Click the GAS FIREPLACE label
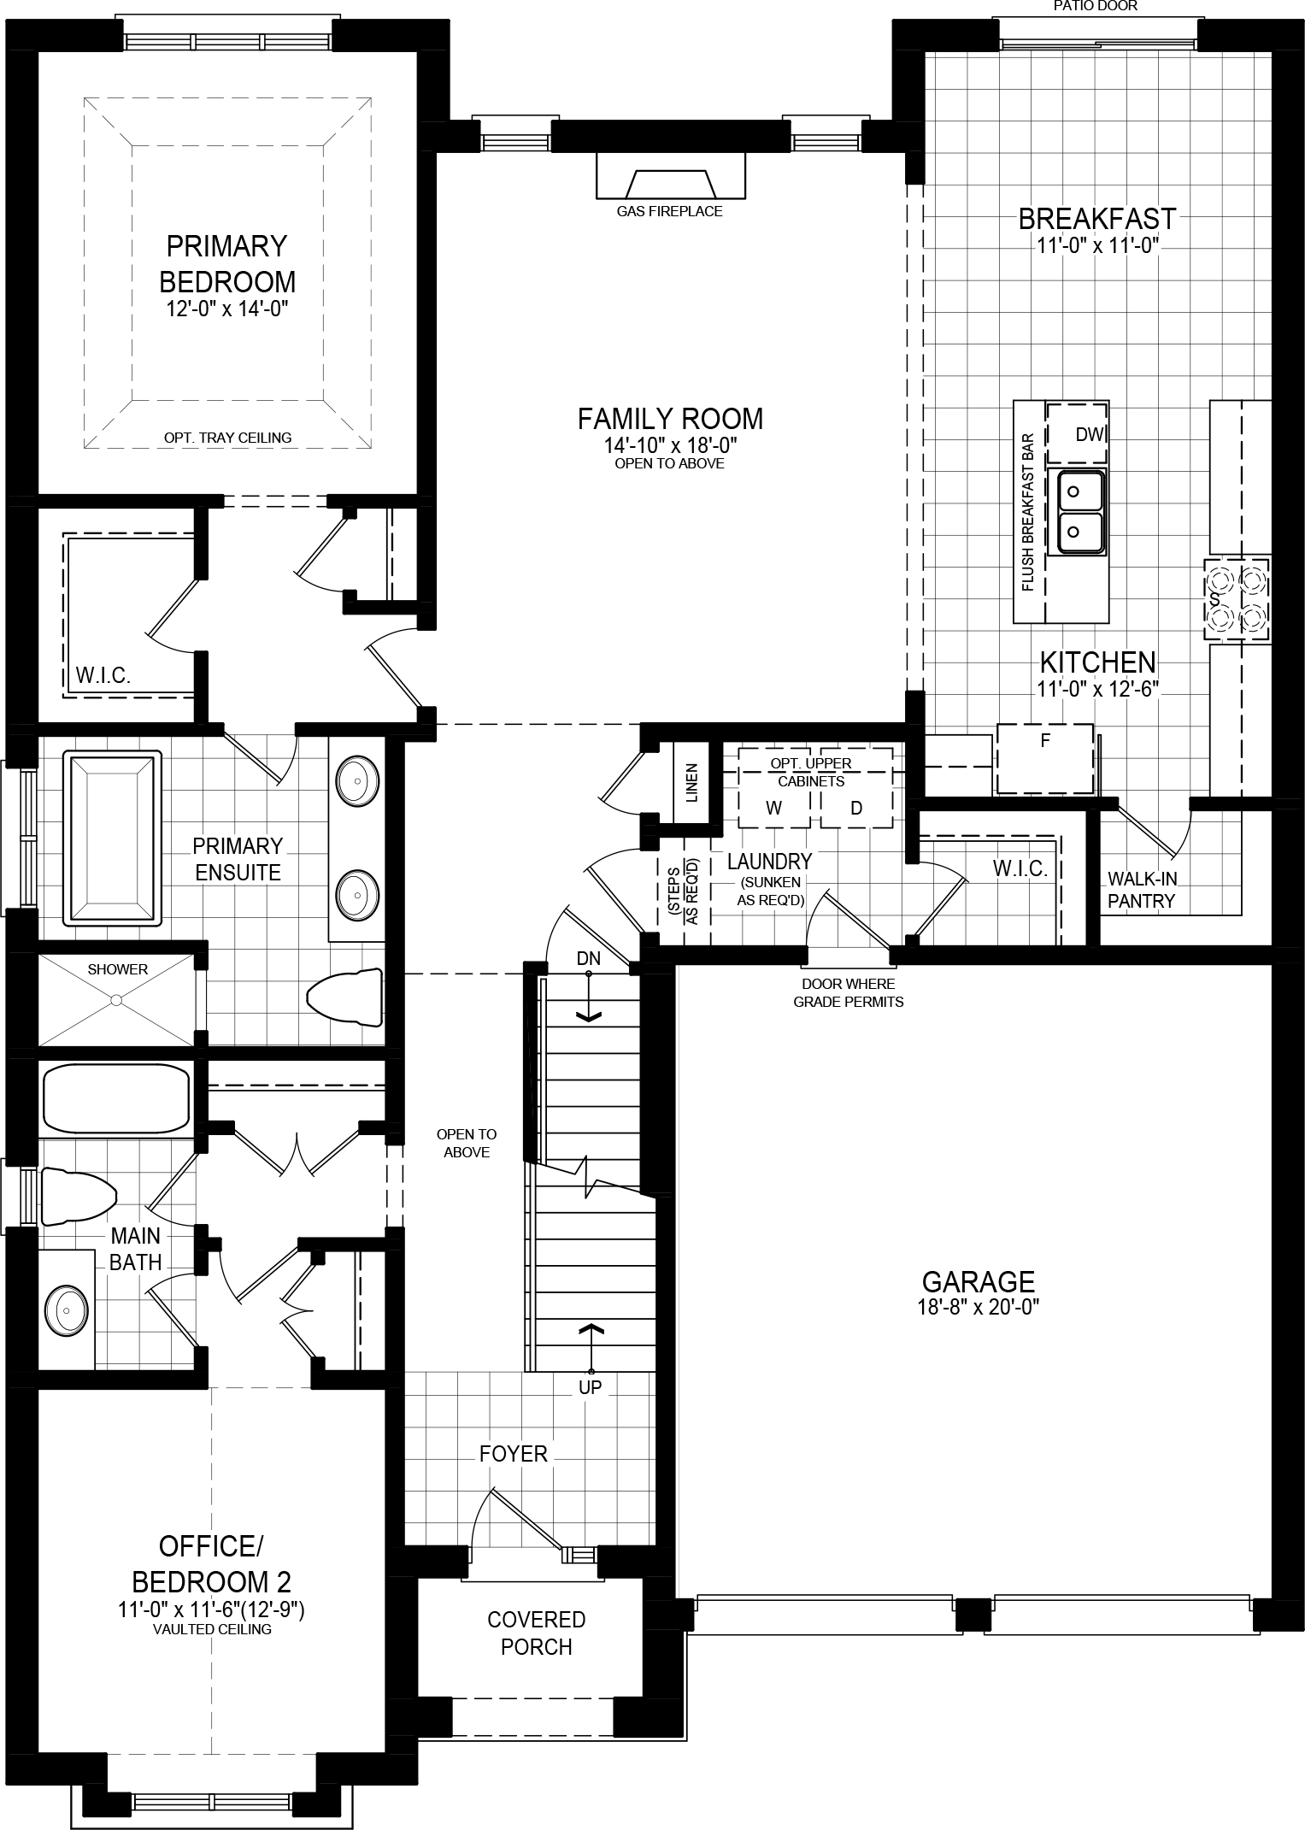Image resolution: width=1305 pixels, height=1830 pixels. [669, 211]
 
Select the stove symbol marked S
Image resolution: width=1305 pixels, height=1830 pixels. [1236, 599]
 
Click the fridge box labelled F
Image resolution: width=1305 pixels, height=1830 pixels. [1044, 757]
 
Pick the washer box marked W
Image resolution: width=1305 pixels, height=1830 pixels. [774, 808]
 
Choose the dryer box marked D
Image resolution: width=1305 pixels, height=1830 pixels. [856, 808]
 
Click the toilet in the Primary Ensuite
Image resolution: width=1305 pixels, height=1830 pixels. [344, 997]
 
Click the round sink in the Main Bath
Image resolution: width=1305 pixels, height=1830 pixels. [67, 1309]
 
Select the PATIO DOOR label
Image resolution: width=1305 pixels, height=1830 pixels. [1096, 6]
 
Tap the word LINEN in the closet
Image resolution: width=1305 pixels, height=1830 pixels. [691, 781]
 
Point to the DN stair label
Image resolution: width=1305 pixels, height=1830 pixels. [588, 959]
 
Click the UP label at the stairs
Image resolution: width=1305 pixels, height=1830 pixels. [591, 1386]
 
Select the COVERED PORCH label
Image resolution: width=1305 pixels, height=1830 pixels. [536, 1633]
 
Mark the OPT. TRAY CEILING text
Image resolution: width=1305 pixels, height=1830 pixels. [227, 438]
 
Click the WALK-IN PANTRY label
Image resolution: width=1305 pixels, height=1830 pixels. [1142, 889]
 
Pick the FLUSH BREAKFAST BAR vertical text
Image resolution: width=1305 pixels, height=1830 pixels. [1027, 512]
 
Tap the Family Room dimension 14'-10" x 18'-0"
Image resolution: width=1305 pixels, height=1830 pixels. [669, 445]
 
